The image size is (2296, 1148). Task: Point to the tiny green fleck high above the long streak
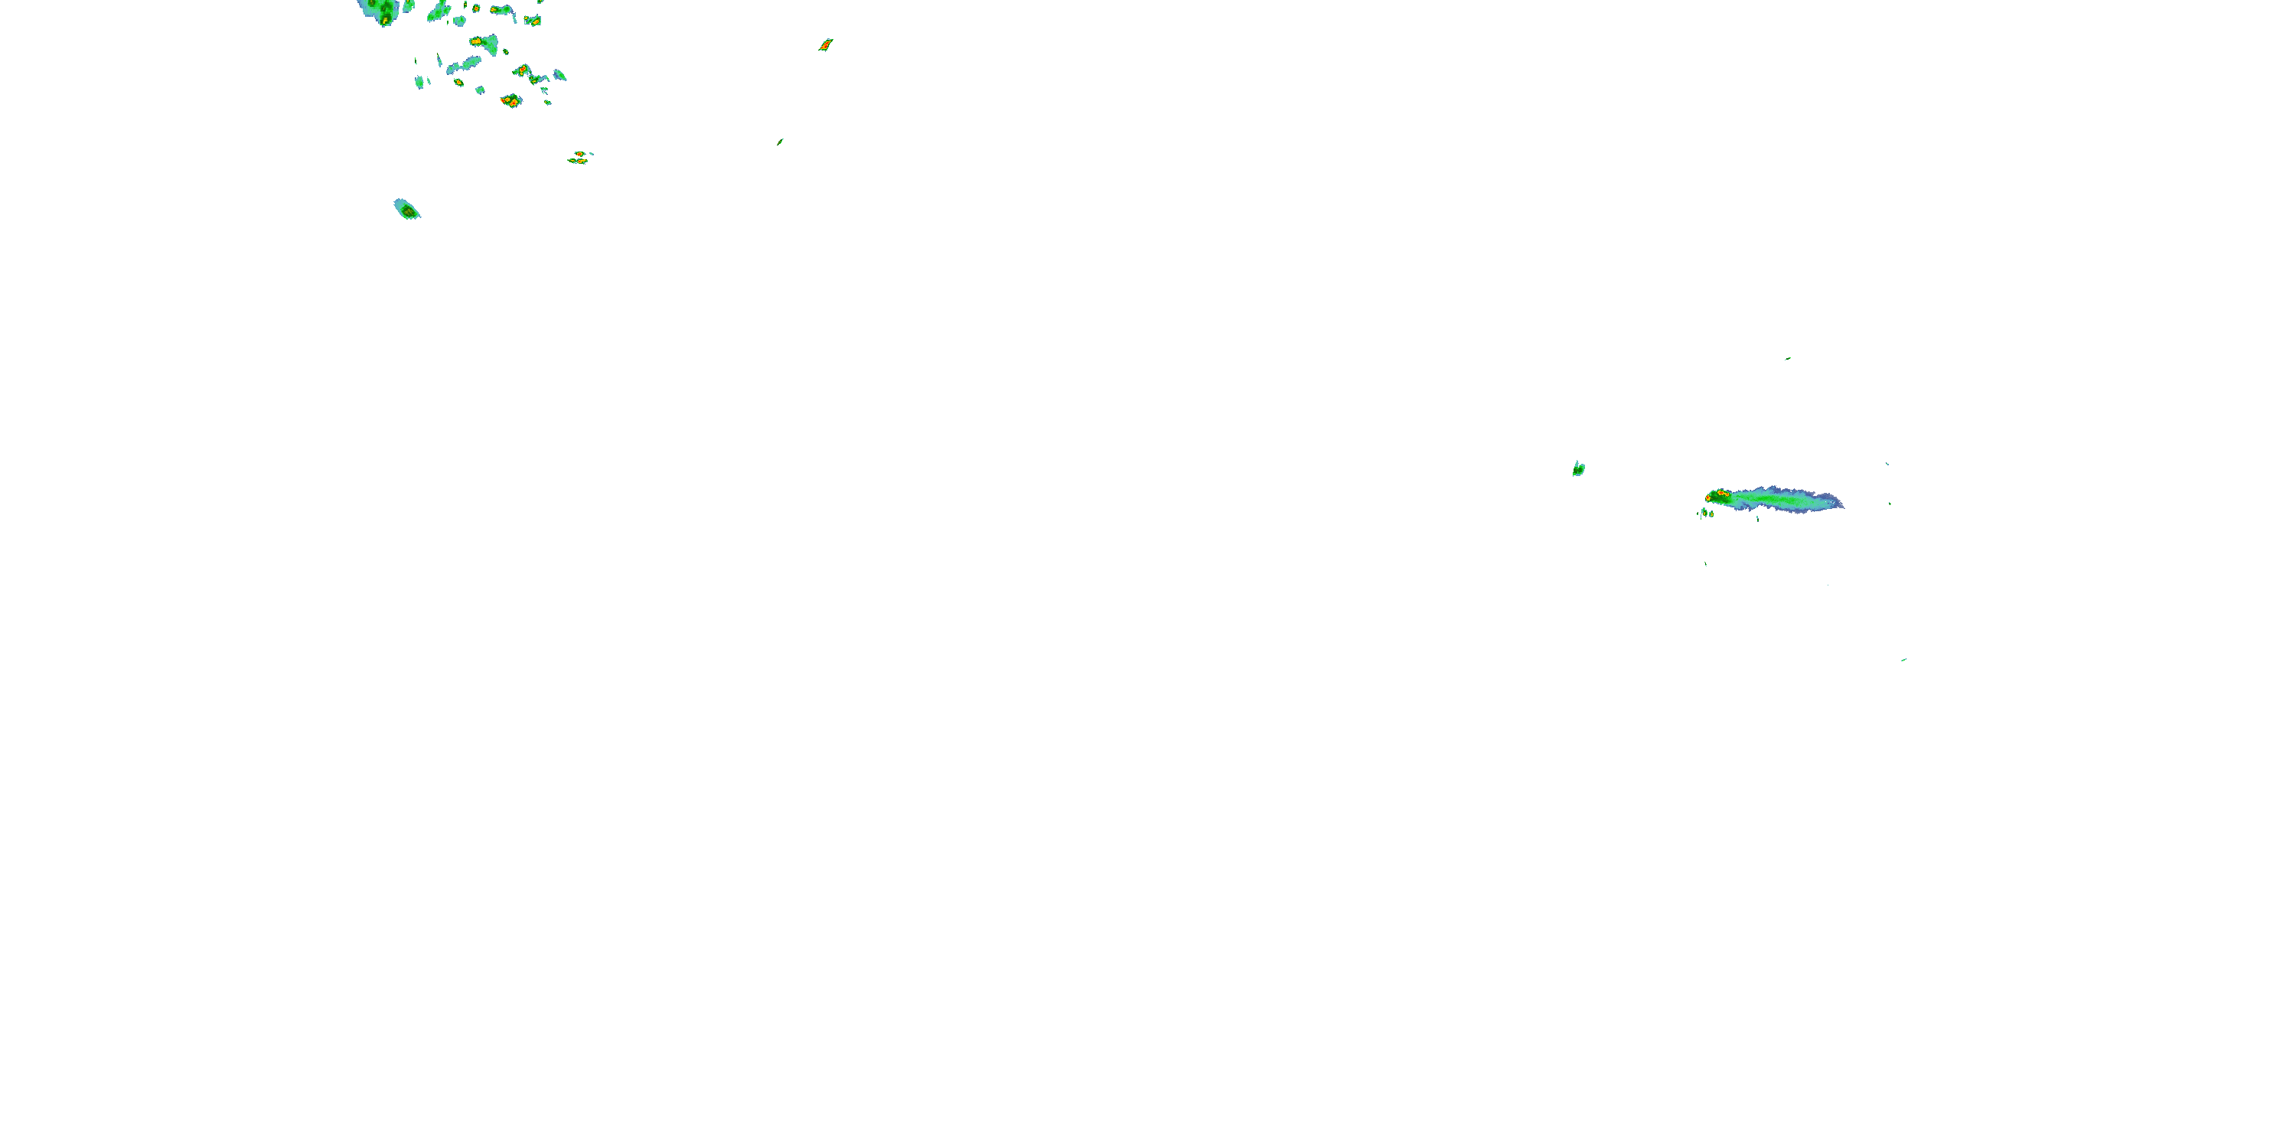click(x=1787, y=359)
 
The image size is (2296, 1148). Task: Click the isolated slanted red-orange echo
click(x=825, y=44)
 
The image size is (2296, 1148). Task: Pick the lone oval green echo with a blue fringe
click(x=407, y=210)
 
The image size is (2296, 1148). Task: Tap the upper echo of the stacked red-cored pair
click(x=580, y=153)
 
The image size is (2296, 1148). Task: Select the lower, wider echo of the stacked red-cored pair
click(x=578, y=161)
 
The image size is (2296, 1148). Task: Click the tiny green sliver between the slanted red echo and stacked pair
click(x=780, y=141)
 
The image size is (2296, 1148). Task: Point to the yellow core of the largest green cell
click(x=385, y=16)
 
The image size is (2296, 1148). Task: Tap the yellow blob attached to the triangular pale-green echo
click(x=476, y=41)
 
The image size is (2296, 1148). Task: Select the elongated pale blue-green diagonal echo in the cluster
click(x=465, y=65)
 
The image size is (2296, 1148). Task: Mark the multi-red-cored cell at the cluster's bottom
click(x=510, y=101)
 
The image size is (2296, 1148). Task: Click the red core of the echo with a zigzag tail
click(x=522, y=70)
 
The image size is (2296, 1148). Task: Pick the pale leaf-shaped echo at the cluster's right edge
click(x=559, y=76)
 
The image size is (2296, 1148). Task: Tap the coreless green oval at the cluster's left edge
click(x=419, y=82)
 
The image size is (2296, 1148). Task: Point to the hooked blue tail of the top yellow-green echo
click(x=514, y=16)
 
